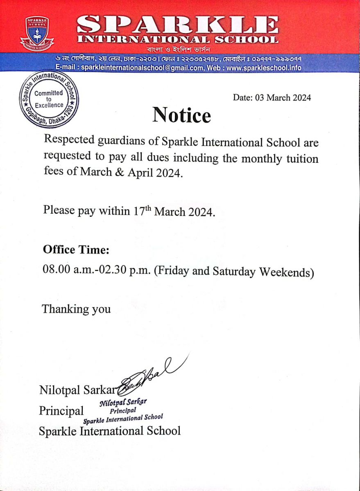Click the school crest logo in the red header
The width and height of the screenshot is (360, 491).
point(37,33)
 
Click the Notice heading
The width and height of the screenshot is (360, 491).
point(181,115)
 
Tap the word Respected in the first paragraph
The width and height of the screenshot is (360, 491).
point(69,142)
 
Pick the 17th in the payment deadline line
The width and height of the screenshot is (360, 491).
point(142,212)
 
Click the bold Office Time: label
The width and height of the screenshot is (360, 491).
point(76,249)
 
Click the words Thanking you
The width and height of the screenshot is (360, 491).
point(76,309)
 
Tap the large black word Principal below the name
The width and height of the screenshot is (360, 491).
point(61,410)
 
